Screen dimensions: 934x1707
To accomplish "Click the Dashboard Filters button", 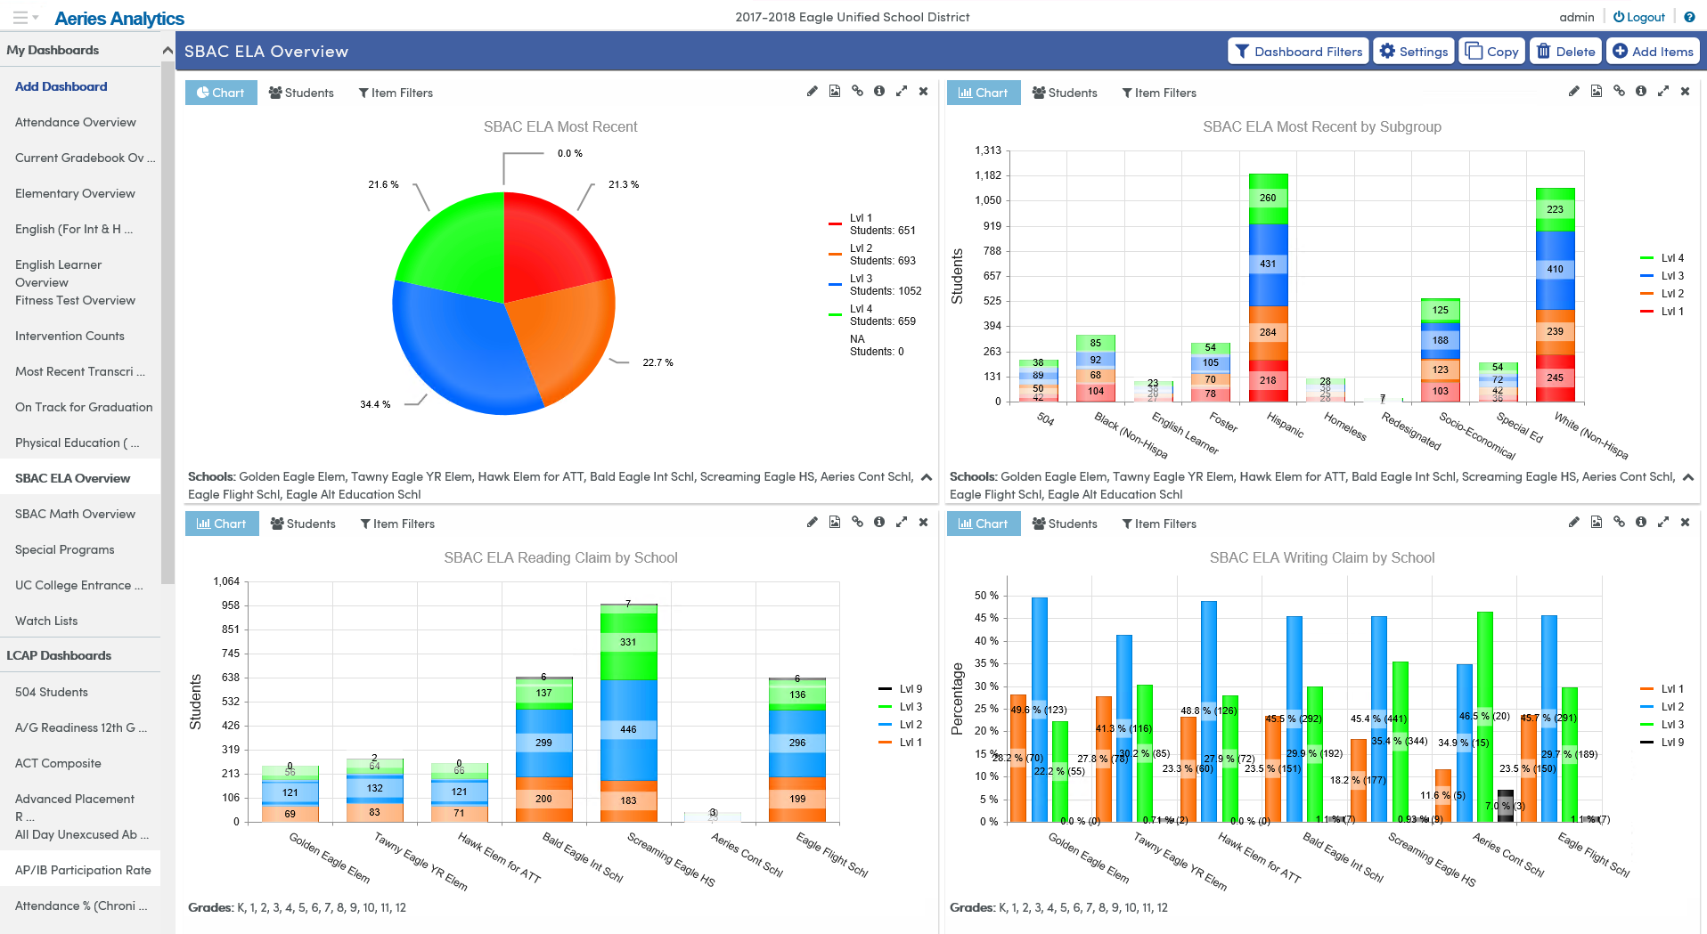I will [x=1299, y=52].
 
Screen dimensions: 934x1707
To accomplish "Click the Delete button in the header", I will [x=1565, y=52].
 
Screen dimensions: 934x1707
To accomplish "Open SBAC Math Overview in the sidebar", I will [x=75, y=514].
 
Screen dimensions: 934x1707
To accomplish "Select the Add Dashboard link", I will [x=61, y=86].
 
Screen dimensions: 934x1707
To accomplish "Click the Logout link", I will [x=1638, y=17].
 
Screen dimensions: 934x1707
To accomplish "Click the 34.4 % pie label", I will [x=375, y=404].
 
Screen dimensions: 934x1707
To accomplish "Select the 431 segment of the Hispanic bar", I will [x=1268, y=264].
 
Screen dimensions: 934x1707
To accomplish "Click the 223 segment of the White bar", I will [x=1555, y=209].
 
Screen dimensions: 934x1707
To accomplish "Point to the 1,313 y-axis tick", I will [x=988, y=150].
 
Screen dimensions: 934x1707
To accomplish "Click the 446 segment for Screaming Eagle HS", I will [x=628, y=729].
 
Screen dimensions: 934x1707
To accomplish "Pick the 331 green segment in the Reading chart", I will [x=628, y=642].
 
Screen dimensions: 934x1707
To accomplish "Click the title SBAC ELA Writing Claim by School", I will [x=1321, y=558].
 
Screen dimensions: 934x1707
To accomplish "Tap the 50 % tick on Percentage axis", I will [x=985, y=596].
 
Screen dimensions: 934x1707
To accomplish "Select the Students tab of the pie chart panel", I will [x=301, y=93].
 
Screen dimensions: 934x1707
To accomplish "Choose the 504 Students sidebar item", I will [x=52, y=692].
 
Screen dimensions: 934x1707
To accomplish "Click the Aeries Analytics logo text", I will [x=119, y=18].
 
